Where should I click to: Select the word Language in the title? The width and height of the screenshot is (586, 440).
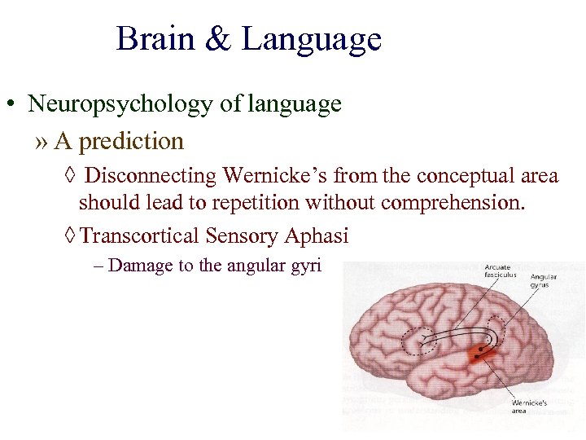click(311, 39)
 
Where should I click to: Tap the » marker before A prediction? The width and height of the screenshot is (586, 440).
click(42, 142)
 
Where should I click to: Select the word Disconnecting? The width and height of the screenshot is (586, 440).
click(151, 175)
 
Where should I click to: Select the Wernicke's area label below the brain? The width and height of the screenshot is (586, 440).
click(528, 407)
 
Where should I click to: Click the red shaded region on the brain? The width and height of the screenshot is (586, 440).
click(481, 354)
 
